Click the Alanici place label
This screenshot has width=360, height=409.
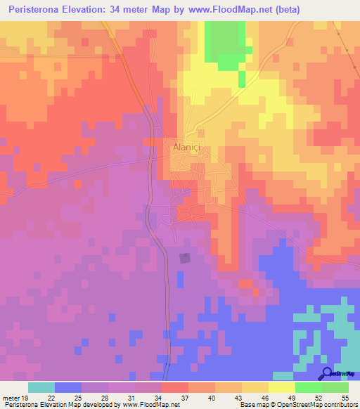[186, 148]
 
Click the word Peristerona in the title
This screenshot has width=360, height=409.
[39, 9]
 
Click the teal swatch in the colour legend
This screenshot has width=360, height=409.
[41, 387]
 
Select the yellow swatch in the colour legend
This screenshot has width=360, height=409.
[282, 387]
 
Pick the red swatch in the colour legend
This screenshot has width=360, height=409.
[175, 387]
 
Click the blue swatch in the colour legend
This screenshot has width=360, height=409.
[68, 387]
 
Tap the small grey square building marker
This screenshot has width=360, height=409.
[185, 259]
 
